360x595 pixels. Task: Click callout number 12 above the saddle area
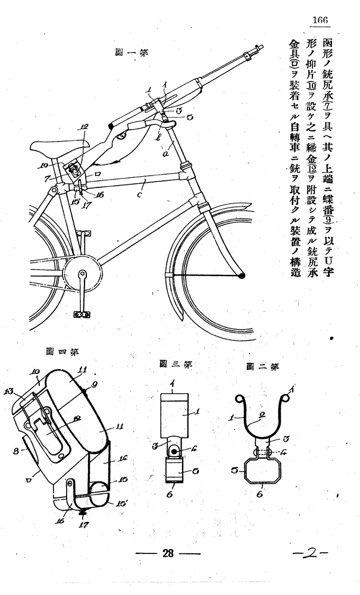[x=83, y=127]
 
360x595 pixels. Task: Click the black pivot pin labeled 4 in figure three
[x=176, y=452]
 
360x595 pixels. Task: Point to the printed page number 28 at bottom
[x=167, y=553]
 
